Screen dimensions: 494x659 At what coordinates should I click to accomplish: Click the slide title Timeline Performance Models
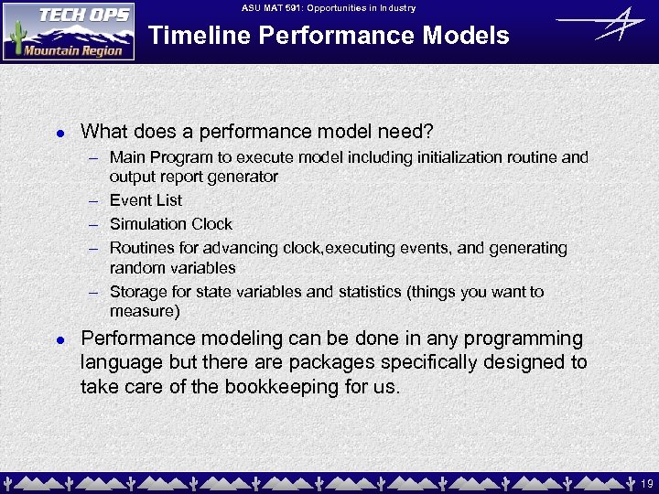[x=329, y=36]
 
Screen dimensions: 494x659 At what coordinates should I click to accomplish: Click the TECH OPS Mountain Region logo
[x=69, y=31]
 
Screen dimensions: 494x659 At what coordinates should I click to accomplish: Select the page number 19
[x=646, y=482]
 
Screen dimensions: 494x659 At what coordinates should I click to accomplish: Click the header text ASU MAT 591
[x=275, y=8]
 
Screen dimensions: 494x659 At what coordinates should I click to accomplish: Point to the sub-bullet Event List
[x=146, y=200]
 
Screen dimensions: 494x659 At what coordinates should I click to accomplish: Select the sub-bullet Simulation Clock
[x=171, y=224]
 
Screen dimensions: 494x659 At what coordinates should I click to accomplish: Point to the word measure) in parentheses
[x=145, y=312]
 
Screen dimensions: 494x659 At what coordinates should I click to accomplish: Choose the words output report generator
[x=193, y=177]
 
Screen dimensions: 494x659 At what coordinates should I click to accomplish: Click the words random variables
[x=172, y=268]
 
